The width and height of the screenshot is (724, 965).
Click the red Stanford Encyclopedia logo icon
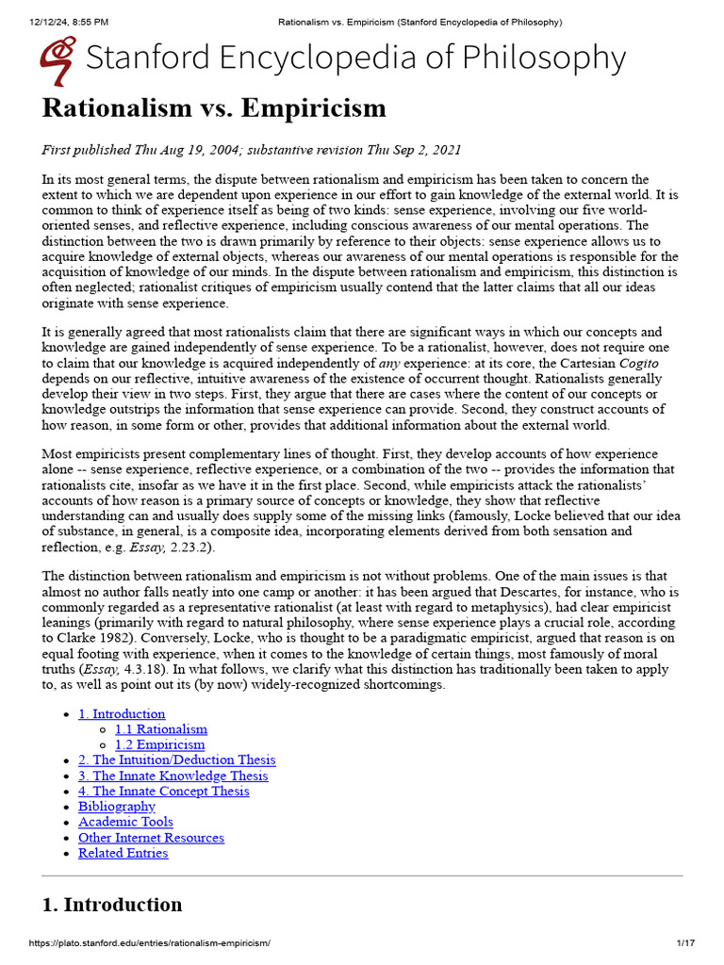tap(58, 59)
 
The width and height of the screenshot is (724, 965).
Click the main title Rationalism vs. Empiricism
tap(214, 108)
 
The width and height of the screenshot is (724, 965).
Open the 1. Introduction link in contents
tap(122, 713)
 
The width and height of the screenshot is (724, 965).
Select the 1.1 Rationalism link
tap(161, 729)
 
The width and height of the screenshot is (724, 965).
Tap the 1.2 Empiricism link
tap(159, 744)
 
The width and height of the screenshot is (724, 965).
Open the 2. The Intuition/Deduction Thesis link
tap(177, 760)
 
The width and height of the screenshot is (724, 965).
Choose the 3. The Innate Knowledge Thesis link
tap(173, 776)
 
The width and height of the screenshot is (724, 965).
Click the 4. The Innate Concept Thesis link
tap(164, 791)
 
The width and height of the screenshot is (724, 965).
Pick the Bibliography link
tap(117, 807)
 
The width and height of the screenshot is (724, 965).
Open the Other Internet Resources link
tap(151, 838)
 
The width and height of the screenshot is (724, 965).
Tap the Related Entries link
tap(123, 853)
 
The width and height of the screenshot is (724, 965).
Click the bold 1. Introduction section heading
tap(112, 905)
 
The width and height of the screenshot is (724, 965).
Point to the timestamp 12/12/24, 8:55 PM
tap(56, 22)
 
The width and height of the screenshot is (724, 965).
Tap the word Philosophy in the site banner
tap(540, 58)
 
